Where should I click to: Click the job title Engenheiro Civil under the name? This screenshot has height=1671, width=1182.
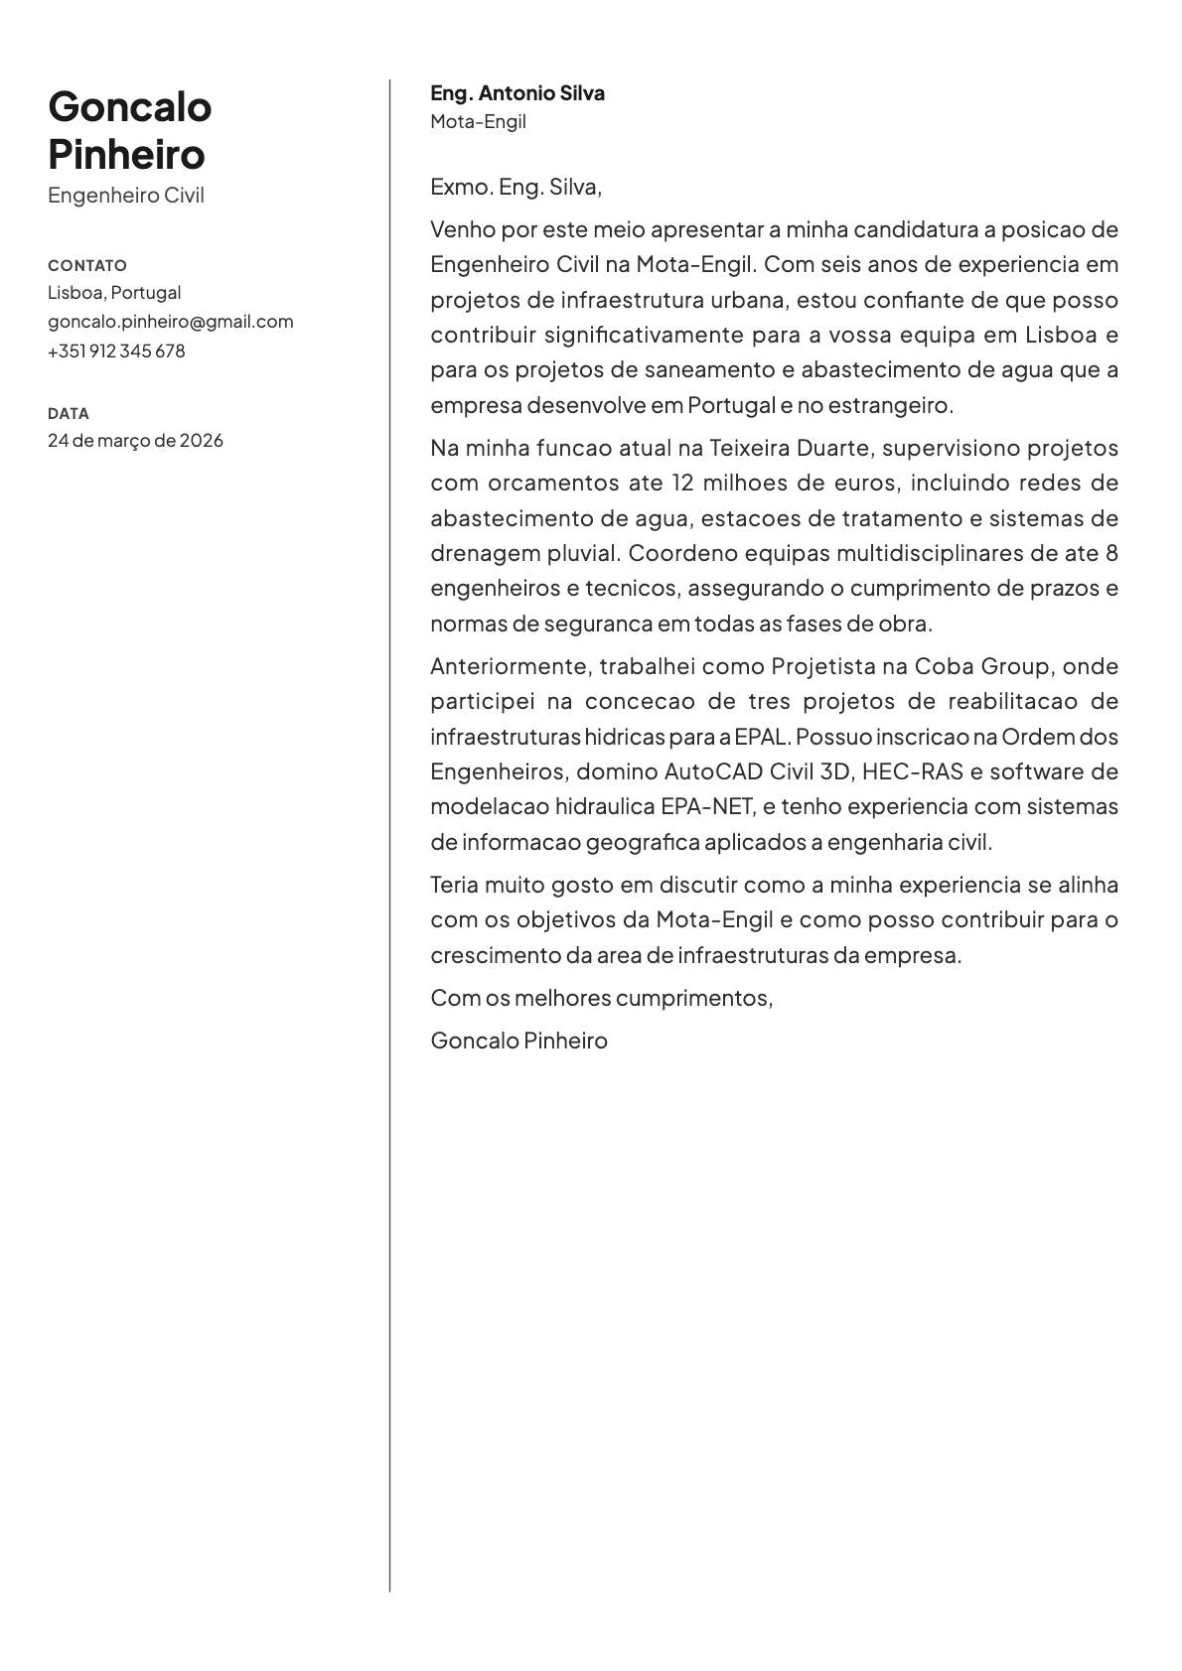[126, 196]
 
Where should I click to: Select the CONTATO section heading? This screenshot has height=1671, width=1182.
[87, 265]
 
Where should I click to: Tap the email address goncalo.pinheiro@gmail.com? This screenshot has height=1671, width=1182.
[171, 322]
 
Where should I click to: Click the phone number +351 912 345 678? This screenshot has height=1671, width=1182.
[116, 350]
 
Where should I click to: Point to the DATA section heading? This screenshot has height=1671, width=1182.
[69, 413]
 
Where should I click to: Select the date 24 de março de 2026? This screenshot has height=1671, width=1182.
[135, 440]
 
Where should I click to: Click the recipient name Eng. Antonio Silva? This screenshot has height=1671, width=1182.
[517, 93]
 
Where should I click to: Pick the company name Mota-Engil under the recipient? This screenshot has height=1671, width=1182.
[478, 122]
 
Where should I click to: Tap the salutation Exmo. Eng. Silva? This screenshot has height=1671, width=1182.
[516, 187]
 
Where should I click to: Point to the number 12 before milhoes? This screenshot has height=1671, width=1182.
[682, 484]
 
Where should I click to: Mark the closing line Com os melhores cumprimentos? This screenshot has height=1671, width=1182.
[601, 998]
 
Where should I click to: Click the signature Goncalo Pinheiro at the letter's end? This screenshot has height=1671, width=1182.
[518, 1041]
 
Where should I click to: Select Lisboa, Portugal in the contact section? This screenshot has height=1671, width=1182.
[114, 293]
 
